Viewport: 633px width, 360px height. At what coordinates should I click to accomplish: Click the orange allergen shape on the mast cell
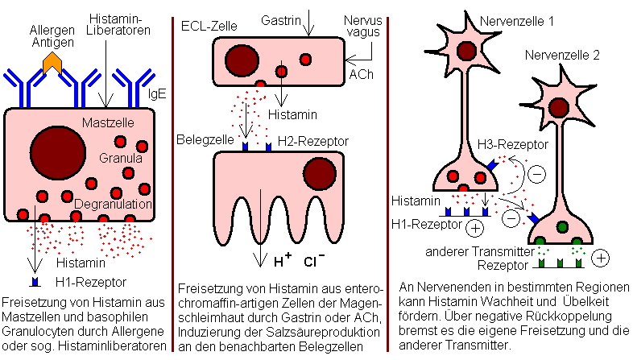point(53,60)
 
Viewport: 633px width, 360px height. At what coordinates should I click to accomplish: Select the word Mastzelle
point(118,122)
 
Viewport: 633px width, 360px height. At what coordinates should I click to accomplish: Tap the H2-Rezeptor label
point(312,141)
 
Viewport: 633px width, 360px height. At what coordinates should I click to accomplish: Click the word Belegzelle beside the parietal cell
point(206,139)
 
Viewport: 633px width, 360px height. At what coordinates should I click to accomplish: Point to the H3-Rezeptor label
point(512,144)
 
